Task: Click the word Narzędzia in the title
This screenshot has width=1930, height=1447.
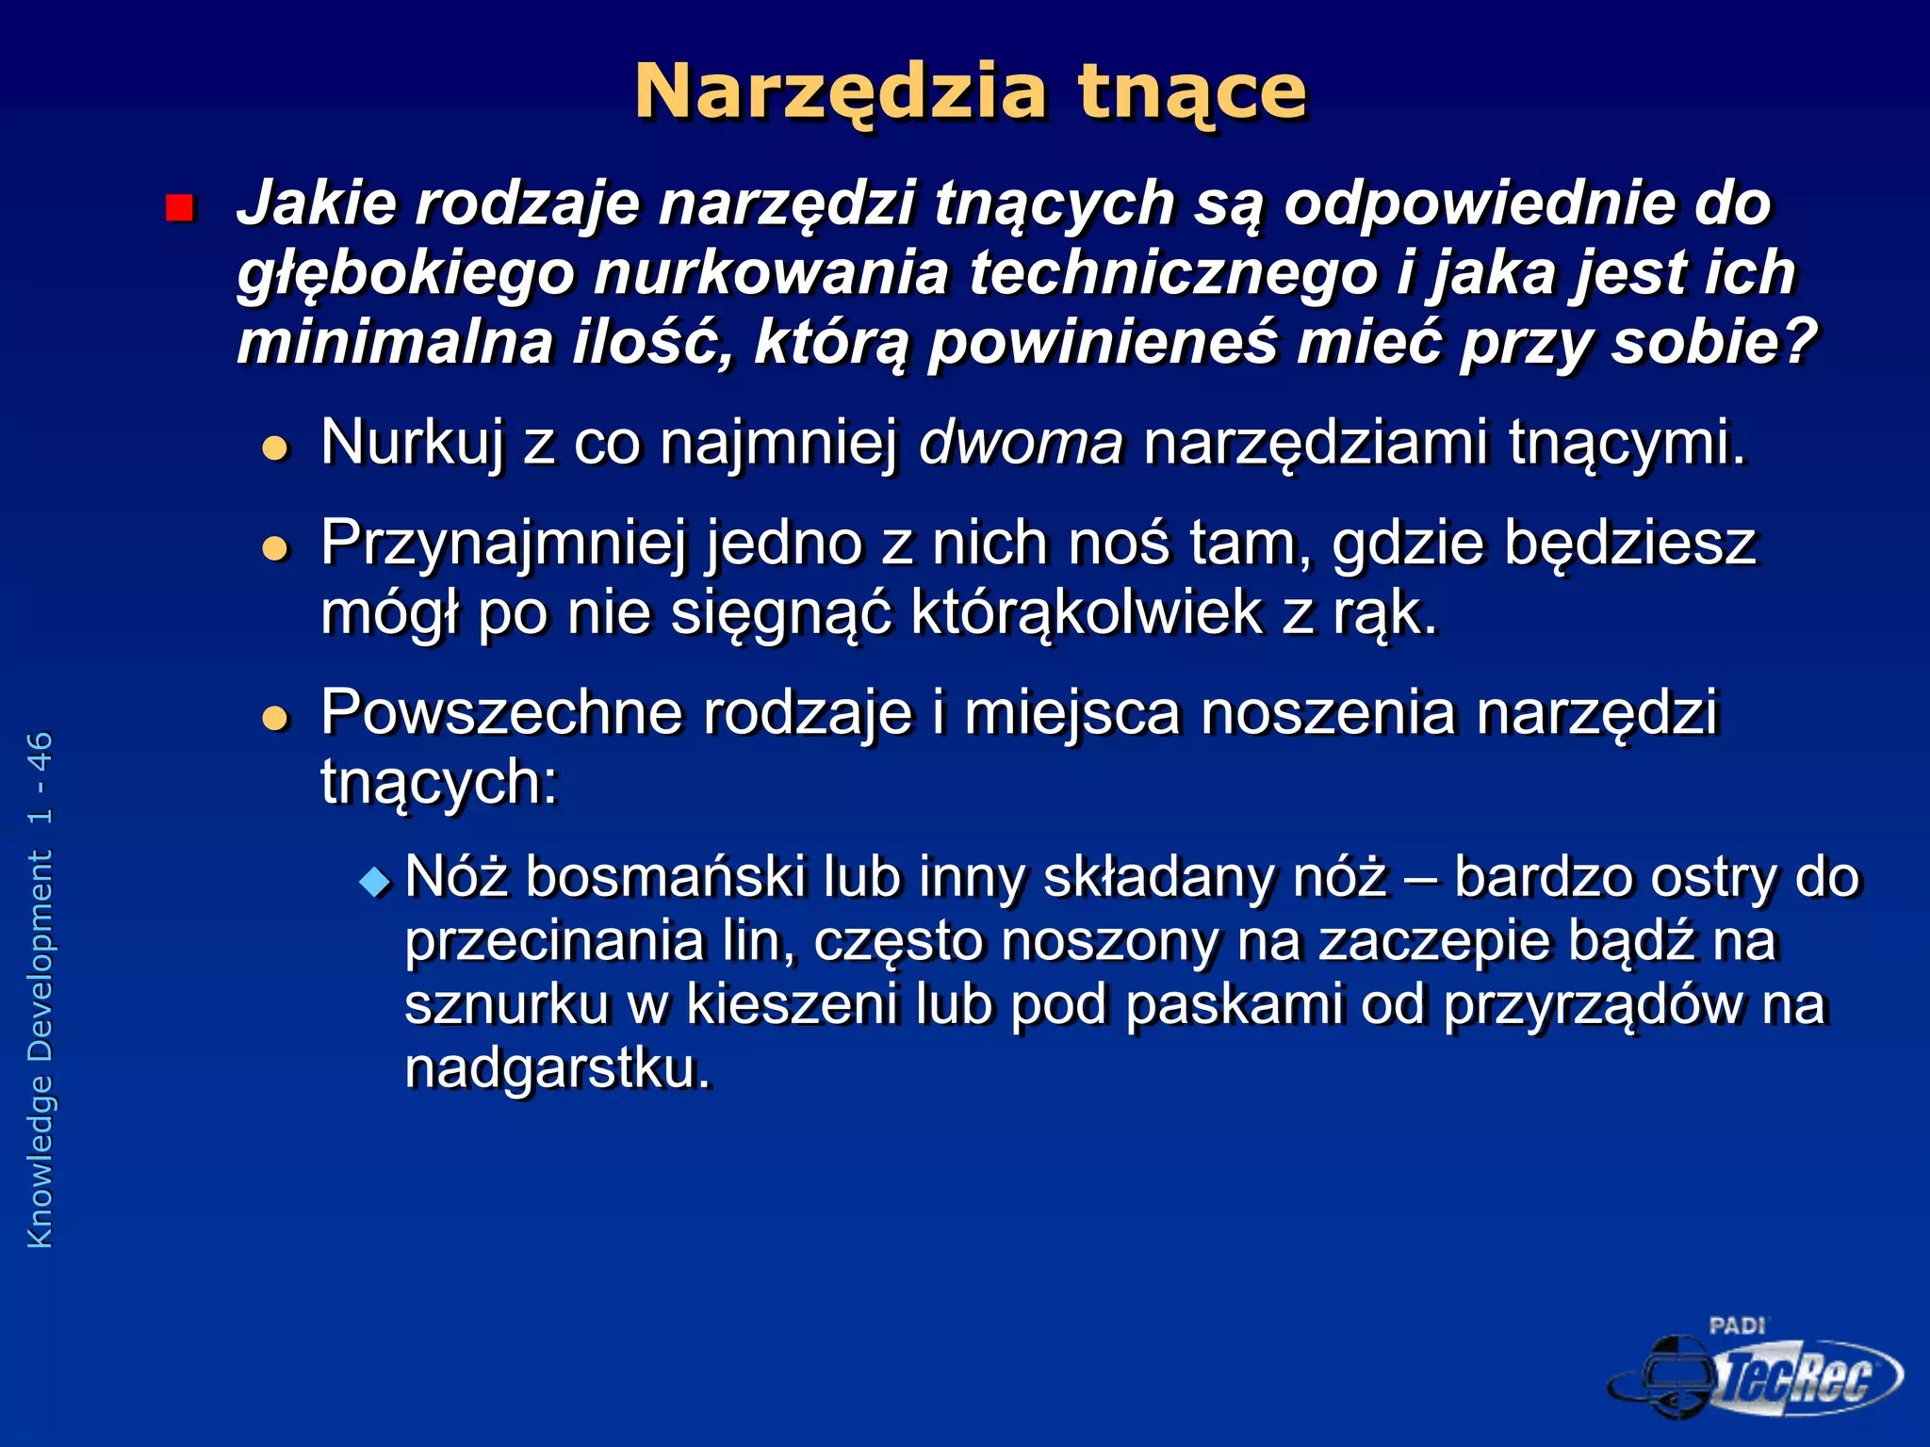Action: pos(841,92)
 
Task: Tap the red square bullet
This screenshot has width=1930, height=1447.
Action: pos(179,207)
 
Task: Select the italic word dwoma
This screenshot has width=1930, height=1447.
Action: pos(1021,442)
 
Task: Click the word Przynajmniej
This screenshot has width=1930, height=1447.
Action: pos(503,545)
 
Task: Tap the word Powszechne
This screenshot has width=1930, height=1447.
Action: pos(501,712)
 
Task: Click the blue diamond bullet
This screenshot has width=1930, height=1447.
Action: pos(375,882)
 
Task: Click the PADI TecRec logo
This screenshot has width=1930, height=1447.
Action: pos(1755,1372)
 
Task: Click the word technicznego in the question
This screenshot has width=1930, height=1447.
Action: pos(1172,272)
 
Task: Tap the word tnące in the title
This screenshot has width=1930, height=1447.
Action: pos(1192,92)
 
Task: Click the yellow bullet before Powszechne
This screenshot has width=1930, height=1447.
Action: pos(275,718)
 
